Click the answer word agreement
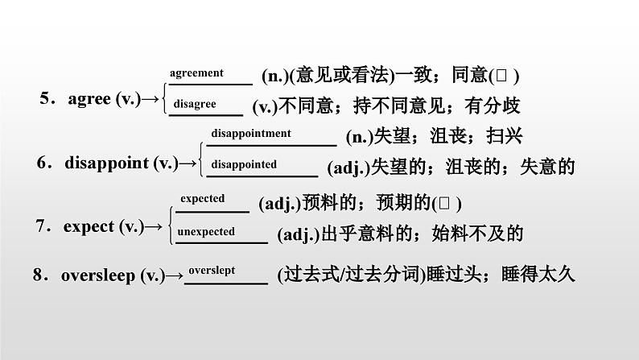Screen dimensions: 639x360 point(196,73)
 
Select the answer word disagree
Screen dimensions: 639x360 point(195,104)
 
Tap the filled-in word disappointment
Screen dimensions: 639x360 point(251,134)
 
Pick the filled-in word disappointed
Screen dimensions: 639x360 point(244,164)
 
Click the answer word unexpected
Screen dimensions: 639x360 point(206,232)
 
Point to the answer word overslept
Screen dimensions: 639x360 point(212,271)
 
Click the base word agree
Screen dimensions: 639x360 point(89,99)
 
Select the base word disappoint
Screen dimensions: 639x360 point(107,163)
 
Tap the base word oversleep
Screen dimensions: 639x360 point(98,275)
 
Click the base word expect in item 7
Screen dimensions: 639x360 point(89,226)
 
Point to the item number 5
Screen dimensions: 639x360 point(44,98)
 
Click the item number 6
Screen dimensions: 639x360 point(42,162)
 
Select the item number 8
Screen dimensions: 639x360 point(38,275)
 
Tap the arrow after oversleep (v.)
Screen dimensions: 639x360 point(175,276)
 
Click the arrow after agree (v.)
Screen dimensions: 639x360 point(150,99)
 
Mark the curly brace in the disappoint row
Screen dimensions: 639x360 point(201,159)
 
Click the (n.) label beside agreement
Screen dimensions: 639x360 point(274,76)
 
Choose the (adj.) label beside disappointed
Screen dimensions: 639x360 point(348,168)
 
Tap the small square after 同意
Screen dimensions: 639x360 point(501,76)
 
